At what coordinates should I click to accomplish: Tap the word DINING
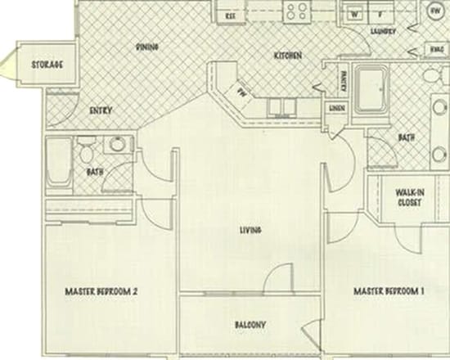pyautogui.click(x=146, y=47)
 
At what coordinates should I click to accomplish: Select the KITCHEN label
pyautogui.click(x=288, y=56)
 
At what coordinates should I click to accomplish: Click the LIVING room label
pyautogui.click(x=250, y=230)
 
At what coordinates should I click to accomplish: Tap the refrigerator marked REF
pyautogui.click(x=231, y=14)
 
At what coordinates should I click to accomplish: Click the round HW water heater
pyautogui.click(x=433, y=11)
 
